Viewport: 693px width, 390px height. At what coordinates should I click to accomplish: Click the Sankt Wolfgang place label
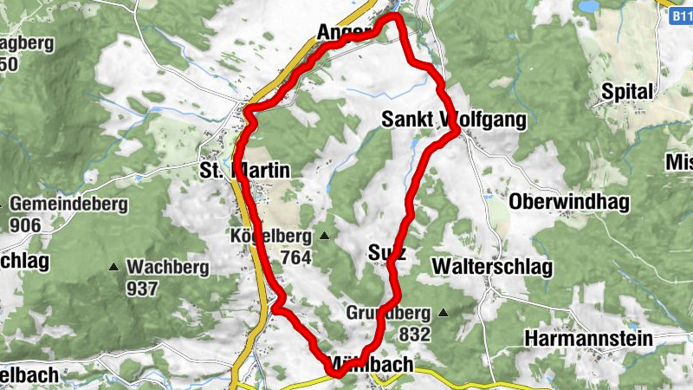(454, 120)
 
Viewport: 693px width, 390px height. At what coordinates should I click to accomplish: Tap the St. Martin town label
(244, 171)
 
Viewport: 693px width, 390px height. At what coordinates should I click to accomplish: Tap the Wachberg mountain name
(167, 267)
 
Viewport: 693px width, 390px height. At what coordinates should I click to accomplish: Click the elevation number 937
(141, 287)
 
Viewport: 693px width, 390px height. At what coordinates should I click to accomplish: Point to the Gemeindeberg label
(69, 205)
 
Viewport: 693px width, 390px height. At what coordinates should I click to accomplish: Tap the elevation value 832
(416, 333)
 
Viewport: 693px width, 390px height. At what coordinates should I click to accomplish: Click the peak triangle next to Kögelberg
(325, 236)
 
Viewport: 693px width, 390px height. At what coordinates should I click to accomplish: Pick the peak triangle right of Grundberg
(444, 313)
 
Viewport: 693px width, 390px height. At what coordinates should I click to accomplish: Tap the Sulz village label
(386, 252)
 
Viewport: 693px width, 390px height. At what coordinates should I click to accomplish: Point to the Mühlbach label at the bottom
(371, 365)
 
